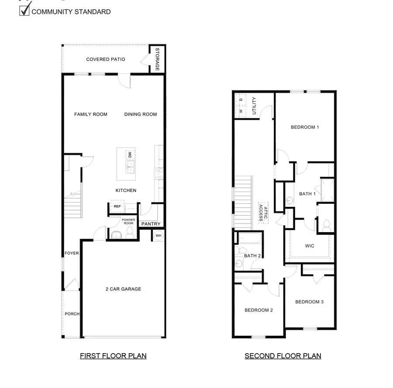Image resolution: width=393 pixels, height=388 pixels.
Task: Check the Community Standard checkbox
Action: pyautogui.click(x=24, y=10)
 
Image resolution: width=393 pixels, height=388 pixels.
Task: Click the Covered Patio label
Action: pyautogui.click(x=105, y=59)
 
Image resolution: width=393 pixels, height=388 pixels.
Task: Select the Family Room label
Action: pyautogui.click(x=90, y=114)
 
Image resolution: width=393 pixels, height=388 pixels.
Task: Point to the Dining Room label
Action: pyautogui.click(x=140, y=114)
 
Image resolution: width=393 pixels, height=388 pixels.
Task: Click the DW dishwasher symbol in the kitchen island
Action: pyautogui.click(x=130, y=155)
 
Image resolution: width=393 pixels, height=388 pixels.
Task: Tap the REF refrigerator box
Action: pyautogui.click(x=117, y=206)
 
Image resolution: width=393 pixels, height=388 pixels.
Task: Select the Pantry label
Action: pyautogui.click(x=151, y=224)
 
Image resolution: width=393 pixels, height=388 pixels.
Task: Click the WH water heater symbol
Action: pyautogui.click(x=158, y=235)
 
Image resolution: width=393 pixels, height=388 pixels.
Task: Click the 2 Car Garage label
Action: pyautogui.click(x=123, y=289)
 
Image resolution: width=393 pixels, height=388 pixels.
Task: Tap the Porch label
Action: pyautogui.click(x=72, y=314)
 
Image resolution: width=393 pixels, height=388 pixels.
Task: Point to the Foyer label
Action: pyautogui.click(x=72, y=253)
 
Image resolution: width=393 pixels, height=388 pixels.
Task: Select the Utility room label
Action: pyautogui.click(x=254, y=106)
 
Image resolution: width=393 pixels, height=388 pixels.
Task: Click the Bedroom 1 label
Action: pyautogui.click(x=305, y=127)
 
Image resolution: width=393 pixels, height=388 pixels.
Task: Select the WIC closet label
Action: pyautogui.click(x=309, y=246)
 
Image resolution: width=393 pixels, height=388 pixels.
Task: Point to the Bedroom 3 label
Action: pyautogui.click(x=309, y=302)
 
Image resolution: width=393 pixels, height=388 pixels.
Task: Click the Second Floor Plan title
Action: pyautogui.click(x=283, y=356)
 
